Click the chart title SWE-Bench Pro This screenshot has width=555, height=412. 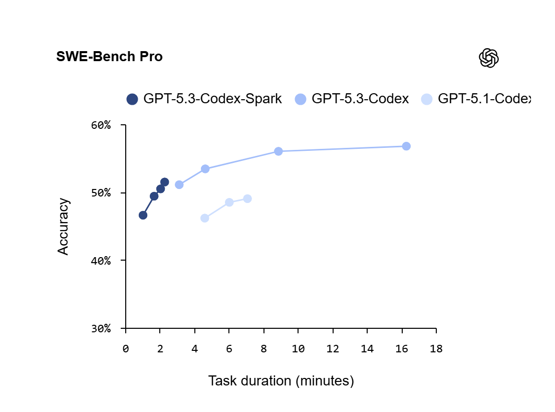click(x=109, y=57)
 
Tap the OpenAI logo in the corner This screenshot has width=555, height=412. click(x=488, y=58)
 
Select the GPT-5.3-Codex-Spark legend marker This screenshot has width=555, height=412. click(x=132, y=99)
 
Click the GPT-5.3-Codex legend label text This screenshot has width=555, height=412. click(x=360, y=99)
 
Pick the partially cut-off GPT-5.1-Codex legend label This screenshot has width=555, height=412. click(x=483, y=99)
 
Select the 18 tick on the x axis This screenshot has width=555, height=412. click(x=436, y=349)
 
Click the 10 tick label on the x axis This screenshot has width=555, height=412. click(x=298, y=349)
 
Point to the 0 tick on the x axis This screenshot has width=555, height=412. click(x=126, y=349)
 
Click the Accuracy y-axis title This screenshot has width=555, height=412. click(x=63, y=227)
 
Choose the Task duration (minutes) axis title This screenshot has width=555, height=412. click(x=281, y=381)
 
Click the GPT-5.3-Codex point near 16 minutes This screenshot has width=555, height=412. click(x=406, y=146)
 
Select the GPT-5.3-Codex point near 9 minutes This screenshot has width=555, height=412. click(x=279, y=151)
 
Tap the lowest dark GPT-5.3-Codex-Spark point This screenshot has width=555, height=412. click(x=143, y=215)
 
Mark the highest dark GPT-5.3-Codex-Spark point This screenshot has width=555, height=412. click(x=164, y=182)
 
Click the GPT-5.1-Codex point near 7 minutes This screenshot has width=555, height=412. click(x=247, y=199)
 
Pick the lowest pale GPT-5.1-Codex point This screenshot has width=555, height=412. click(x=205, y=218)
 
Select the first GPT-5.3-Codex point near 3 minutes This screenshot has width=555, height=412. click(x=179, y=184)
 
